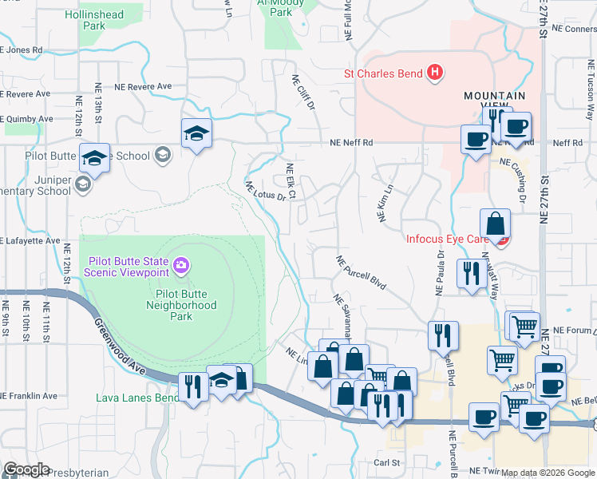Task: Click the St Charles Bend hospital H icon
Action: click(435, 73)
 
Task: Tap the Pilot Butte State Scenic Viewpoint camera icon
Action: click(181, 265)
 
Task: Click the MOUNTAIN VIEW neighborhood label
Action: click(495, 101)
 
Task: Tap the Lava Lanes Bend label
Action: click(137, 398)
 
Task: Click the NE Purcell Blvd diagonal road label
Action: click(360, 273)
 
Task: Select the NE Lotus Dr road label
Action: click(265, 191)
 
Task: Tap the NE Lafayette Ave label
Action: click(30, 239)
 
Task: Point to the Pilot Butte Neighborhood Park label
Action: click(181, 304)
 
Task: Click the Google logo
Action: click(26, 469)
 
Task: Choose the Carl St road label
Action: click(386, 462)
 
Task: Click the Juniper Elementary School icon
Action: click(82, 186)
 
